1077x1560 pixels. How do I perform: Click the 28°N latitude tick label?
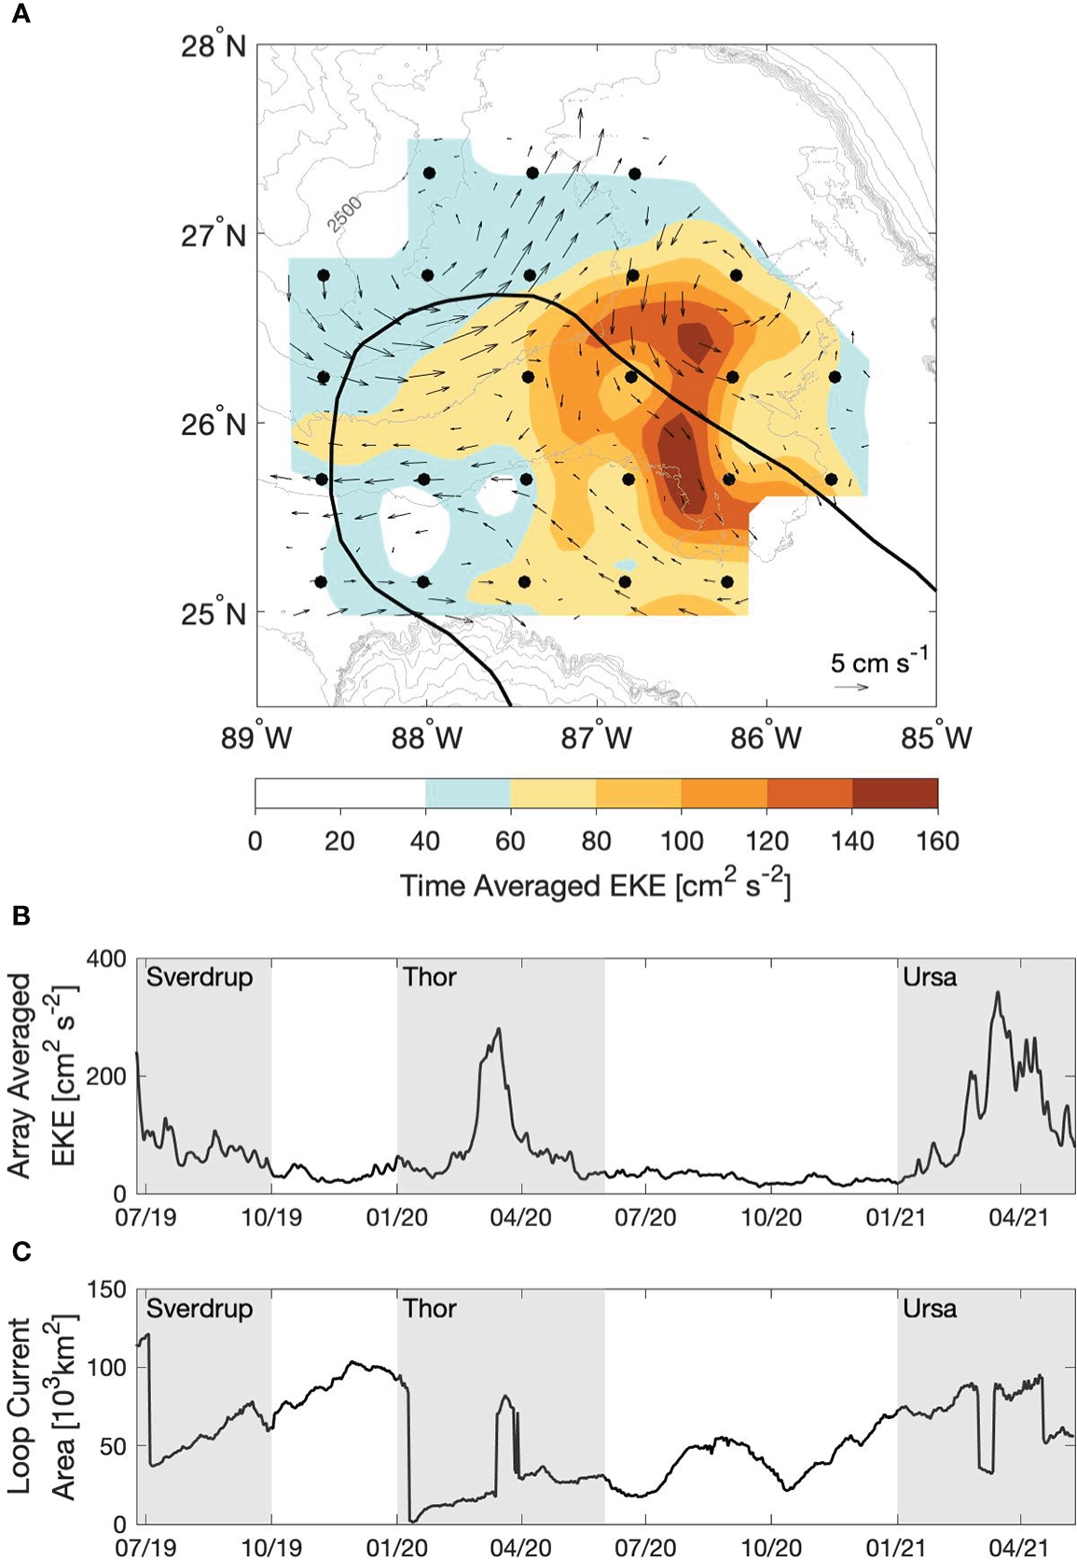tap(214, 45)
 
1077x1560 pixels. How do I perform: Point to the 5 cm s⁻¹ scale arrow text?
tap(878, 662)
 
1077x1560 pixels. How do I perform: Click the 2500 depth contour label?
tap(344, 214)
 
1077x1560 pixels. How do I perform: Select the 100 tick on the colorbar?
tap(682, 842)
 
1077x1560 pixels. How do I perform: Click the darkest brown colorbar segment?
tap(894, 793)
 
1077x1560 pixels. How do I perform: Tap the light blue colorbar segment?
tap(467, 793)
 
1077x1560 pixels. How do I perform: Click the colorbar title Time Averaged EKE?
tap(595, 885)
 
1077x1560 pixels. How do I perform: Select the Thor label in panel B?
tap(430, 977)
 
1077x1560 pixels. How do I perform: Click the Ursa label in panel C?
tap(929, 1308)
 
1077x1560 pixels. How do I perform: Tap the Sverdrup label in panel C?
tap(200, 1308)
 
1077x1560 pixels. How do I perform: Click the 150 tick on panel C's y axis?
tap(106, 1289)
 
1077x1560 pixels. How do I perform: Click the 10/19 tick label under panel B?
tap(271, 1218)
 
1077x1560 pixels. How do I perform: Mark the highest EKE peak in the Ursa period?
tap(998, 993)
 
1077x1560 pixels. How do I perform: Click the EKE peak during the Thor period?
tap(499, 1029)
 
